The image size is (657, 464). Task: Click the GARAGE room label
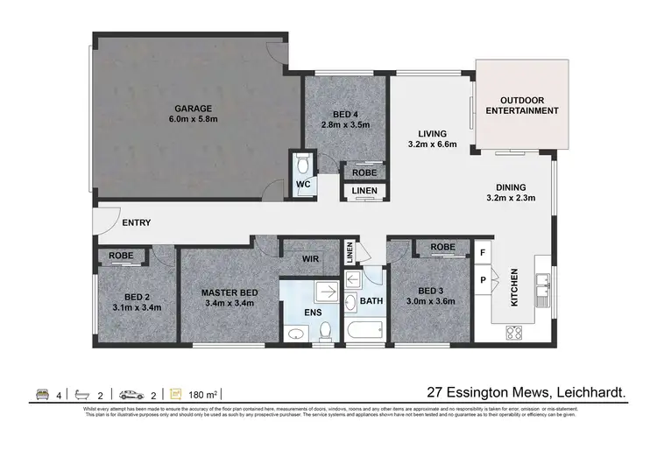click(x=192, y=109)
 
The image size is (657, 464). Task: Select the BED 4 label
click(x=346, y=114)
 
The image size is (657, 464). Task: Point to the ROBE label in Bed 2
click(x=121, y=257)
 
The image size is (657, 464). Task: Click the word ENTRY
click(x=136, y=222)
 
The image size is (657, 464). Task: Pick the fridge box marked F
click(x=482, y=253)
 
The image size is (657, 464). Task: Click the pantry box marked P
click(x=482, y=281)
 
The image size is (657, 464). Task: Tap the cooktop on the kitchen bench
click(x=515, y=332)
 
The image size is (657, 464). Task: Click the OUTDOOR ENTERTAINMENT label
click(x=522, y=105)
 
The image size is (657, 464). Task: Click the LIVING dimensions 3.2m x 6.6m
click(x=433, y=144)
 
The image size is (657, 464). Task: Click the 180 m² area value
click(x=202, y=395)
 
